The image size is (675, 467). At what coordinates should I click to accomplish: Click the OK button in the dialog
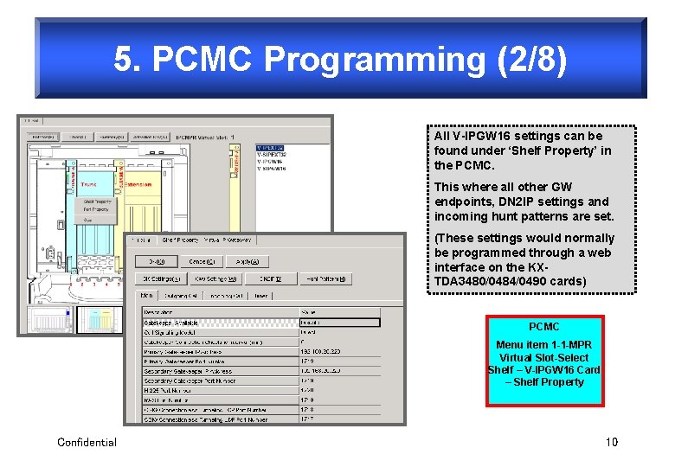(x=157, y=260)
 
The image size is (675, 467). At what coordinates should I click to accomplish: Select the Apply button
(x=245, y=260)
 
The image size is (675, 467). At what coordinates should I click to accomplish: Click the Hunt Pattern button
(x=325, y=278)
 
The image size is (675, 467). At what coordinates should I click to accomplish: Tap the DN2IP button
(x=272, y=278)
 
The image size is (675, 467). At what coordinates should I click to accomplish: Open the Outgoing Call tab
(x=180, y=295)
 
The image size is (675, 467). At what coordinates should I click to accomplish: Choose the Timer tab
(x=261, y=295)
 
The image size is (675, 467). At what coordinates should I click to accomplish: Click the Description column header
(x=159, y=312)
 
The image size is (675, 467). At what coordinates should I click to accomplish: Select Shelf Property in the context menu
(x=97, y=201)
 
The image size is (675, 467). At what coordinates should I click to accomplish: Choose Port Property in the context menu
(x=96, y=209)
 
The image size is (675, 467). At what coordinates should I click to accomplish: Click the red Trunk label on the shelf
(x=88, y=184)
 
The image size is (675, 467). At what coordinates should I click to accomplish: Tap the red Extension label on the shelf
(x=138, y=184)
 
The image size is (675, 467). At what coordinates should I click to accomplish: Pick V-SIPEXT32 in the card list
(x=272, y=155)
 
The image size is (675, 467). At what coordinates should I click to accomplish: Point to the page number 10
(x=612, y=442)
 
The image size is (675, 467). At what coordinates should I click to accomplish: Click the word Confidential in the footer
(x=87, y=442)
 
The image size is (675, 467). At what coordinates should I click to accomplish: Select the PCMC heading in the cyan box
(x=544, y=327)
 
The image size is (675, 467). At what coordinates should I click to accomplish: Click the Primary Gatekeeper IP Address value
(x=320, y=352)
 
